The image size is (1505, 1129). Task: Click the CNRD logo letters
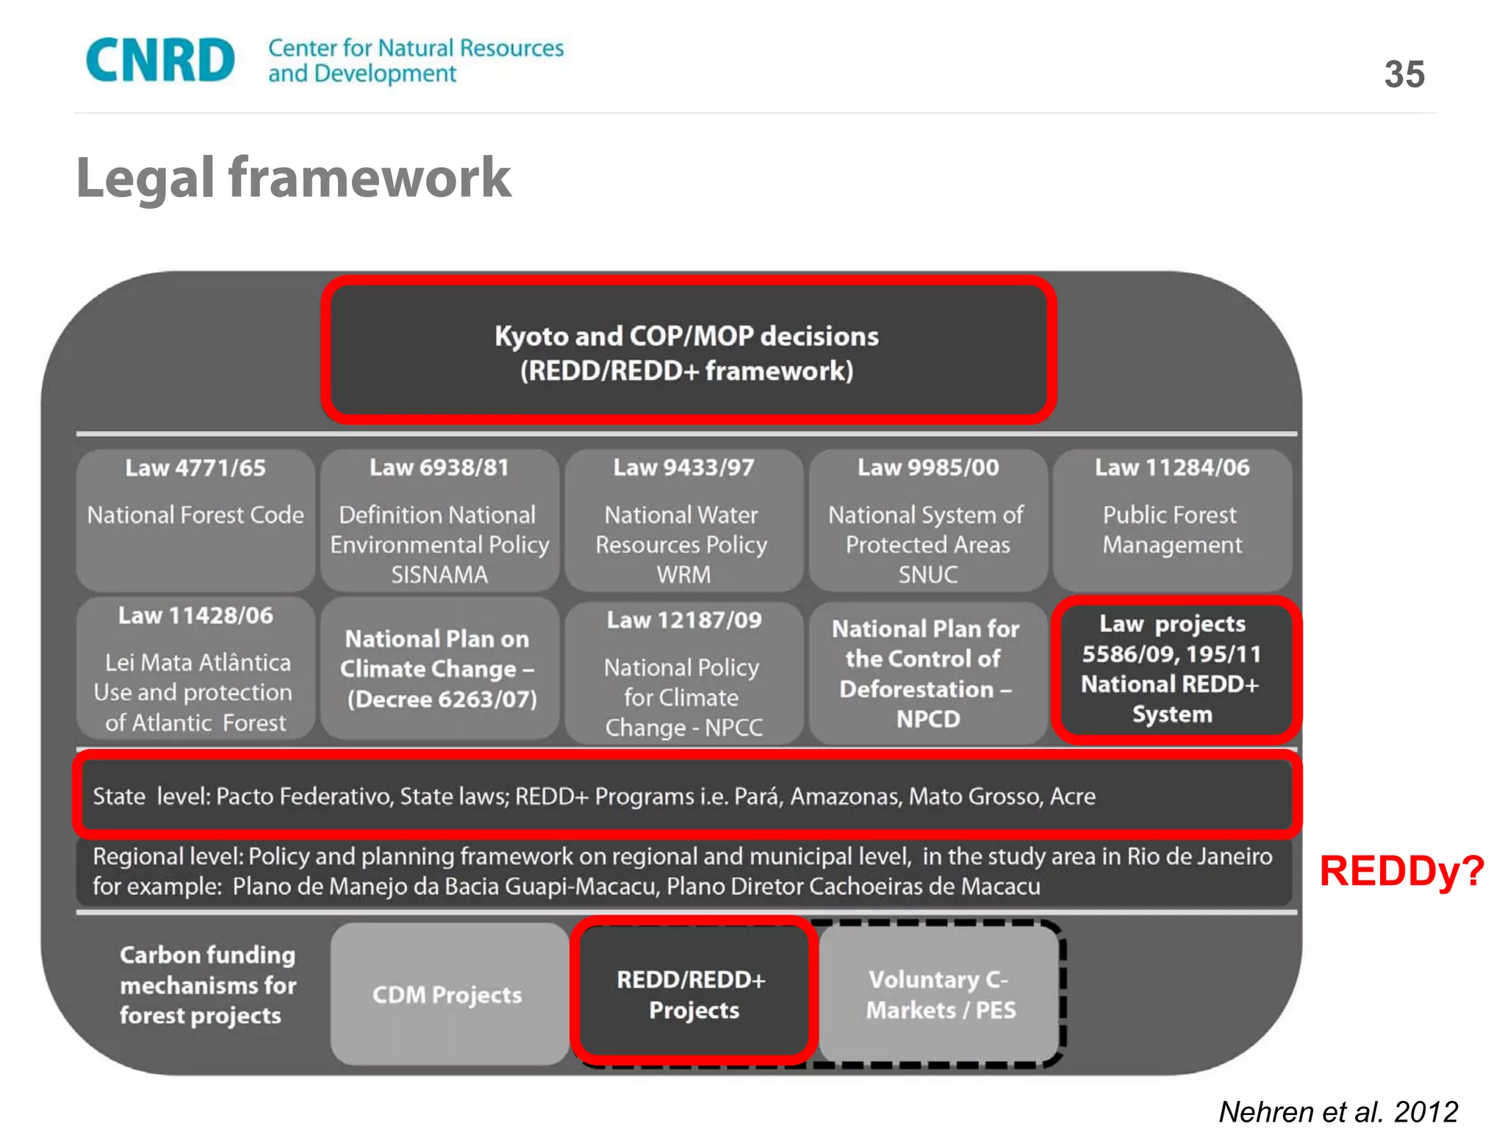click(160, 60)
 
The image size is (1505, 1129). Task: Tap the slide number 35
click(1404, 74)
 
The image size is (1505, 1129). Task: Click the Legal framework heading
click(293, 178)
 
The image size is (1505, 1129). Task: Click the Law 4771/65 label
click(195, 468)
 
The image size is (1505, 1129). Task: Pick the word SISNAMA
click(439, 574)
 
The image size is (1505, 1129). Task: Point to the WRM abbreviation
click(683, 574)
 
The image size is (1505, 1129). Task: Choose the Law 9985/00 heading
click(928, 467)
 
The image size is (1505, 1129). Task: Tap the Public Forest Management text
click(1171, 530)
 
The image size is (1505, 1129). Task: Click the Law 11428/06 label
click(195, 615)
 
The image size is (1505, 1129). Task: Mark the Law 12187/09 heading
click(683, 620)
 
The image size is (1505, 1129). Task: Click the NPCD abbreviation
click(928, 719)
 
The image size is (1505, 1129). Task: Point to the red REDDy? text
click(1401, 872)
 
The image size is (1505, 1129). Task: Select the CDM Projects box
click(447, 994)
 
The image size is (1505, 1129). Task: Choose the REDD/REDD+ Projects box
click(692, 994)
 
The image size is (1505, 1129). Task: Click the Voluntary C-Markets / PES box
click(941, 994)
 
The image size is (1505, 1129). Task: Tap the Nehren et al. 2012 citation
click(1337, 1111)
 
